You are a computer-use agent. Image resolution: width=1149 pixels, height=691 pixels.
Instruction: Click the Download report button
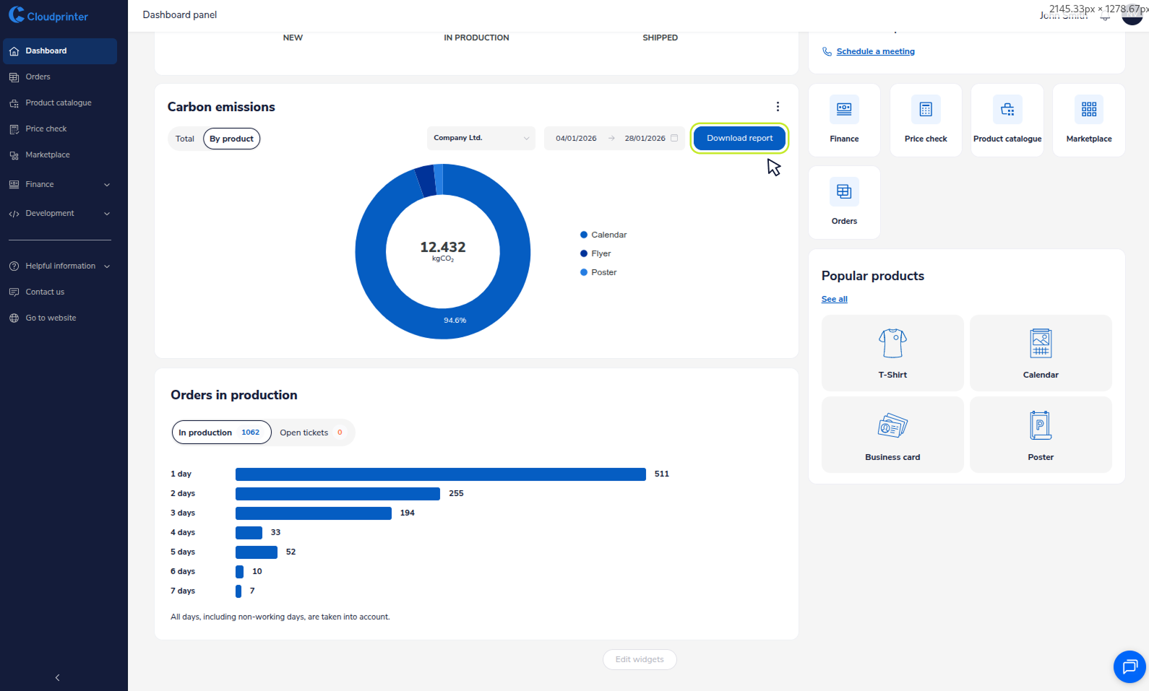pyautogui.click(x=739, y=138)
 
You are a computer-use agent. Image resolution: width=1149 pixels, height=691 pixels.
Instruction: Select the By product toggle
pyautogui.click(x=231, y=139)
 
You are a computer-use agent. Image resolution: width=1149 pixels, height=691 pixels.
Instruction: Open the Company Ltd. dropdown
pyautogui.click(x=481, y=138)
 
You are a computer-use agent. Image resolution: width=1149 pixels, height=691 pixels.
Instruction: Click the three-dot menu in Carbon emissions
pyautogui.click(x=778, y=107)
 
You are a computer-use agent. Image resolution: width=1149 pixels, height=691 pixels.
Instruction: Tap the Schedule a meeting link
pyautogui.click(x=875, y=51)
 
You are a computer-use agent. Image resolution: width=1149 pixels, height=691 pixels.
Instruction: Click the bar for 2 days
pyautogui.click(x=337, y=494)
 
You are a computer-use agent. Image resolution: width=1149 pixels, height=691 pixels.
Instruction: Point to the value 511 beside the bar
pyautogui.click(x=661, y=474)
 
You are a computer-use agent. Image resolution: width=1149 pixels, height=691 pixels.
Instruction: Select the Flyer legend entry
pyautogui.click(x=601, y=253)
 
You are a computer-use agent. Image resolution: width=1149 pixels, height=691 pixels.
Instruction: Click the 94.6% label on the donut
pyautogui.click(x=455, y=321)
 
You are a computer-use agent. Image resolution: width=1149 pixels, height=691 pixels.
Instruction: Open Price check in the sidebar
pyautogui.click(x=46, y=129)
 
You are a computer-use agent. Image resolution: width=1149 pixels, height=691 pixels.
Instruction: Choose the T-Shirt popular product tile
pyautogui.click(x=892, y=353)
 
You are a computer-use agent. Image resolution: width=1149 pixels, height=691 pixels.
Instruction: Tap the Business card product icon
pyautogui.click(x=892, y=426)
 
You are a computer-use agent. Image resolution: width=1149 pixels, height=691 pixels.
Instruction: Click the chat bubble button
pyautogui.click(x=1129, y=666)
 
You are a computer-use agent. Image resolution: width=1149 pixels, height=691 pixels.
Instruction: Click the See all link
pyautogui.click(x=834, y=299)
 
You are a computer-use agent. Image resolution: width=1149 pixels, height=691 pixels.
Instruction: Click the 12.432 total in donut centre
pyautogui.click(x=443, y=248)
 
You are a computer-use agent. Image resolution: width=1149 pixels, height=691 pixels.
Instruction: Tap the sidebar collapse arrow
pyautogui.click(x=58, y=677)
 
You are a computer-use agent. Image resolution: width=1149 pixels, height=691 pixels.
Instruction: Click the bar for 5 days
pyautogui.click(x=257, y=552)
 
